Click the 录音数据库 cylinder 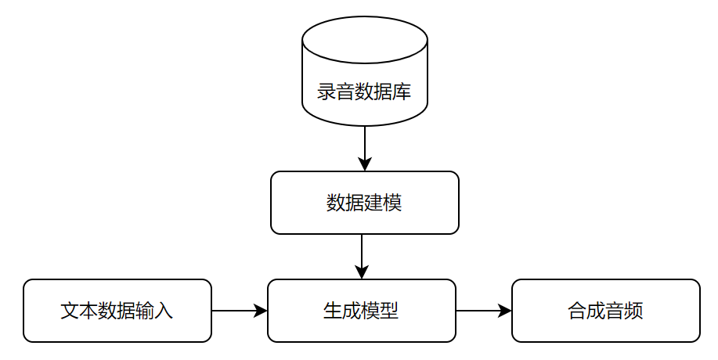coord(364,70)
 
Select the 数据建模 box coord(364,203)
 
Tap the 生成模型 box coord(361,311)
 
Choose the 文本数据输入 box coord(117,311)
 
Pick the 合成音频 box coord(605,311)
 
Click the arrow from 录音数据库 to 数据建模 coord(364,147)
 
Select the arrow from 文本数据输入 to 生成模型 coord(239,311)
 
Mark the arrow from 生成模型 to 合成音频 coord(483,311)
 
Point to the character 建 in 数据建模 coord(373,203)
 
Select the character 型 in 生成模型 coord(389,311)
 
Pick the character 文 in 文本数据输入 coord(70,311)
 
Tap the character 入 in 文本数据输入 coord(164,311)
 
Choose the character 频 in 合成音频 coord(633,311)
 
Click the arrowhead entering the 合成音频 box coord(505,311)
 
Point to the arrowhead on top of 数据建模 coord(364,165)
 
